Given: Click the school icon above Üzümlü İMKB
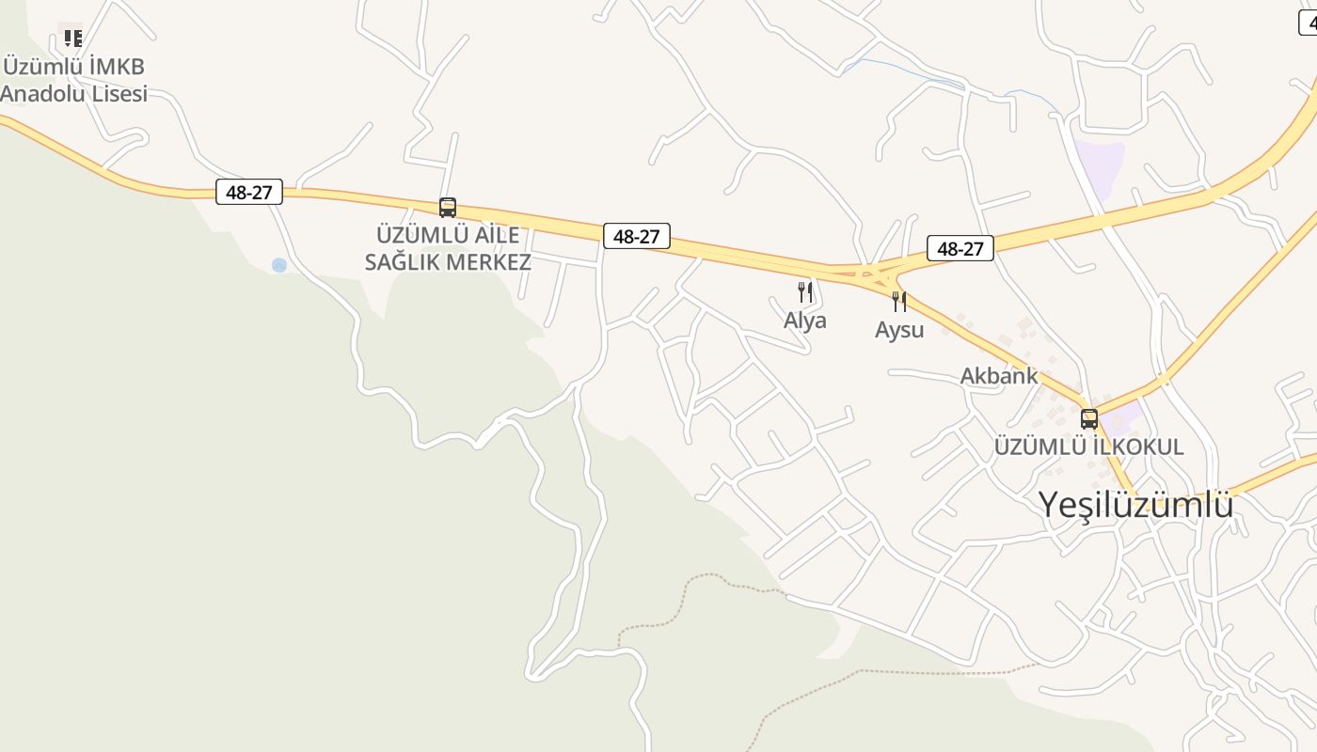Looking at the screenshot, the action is pyautogui.click(x=72, y=38).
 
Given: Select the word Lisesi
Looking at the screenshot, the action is pyautogui.click(x=119, y=94).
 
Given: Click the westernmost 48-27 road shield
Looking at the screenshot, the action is pyautogui.click(x=249, y=192).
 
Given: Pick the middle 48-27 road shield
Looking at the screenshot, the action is pyautogui.click(x=636, y=236).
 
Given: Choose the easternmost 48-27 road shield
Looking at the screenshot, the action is pyautogui.click(x=960, y=248).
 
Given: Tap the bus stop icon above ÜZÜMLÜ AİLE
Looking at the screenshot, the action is pyautogui.click(x=448, y=208).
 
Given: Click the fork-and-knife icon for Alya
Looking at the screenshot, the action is pyautogui.click(x=804, y=291).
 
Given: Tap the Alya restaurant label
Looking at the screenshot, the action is pyautogui.click(x=805, y=321).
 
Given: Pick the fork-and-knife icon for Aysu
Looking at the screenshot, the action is pyautogui.click(x=899, y=301).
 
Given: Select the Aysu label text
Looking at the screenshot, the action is pyautogui.click(x=899, y=330).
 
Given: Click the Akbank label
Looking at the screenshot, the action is pyautogui.click(x=999, y=376).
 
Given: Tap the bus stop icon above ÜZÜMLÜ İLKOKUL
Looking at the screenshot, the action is pyautogui.click(x=1089, y=418).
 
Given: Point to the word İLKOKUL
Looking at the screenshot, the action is pyautogui.click(x=1138, y=446).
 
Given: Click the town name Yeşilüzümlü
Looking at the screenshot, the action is pyautogui.click(x=1135, y=505).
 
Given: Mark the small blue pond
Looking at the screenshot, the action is pyautogui.click(x=279, y=265).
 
